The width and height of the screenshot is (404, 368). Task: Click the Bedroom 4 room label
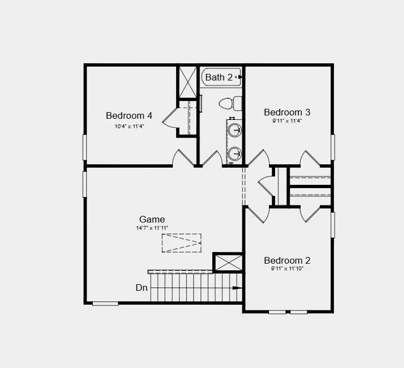point(129,116)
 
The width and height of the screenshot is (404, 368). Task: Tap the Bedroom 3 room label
point(287,112)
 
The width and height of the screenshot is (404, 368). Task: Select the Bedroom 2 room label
point(287,260)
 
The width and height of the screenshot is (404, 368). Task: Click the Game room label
point(152,219)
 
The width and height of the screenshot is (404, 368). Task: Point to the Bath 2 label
point(219,77)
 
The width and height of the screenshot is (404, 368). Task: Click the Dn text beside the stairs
point(142,288)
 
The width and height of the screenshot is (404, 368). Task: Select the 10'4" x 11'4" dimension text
point(129,126)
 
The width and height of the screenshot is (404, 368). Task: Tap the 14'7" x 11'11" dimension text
point(152,228)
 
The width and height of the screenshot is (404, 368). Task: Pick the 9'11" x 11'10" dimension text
point(287,269)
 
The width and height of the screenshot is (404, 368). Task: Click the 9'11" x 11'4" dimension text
point(287,120)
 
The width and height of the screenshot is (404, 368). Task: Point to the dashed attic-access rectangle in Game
point(181,243)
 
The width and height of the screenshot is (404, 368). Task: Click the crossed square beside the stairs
point(228,262)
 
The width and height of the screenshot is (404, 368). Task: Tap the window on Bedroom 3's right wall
point(333,148)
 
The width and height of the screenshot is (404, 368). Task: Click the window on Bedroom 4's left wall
point(85,148)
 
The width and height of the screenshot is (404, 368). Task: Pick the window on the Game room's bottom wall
point(105,303)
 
